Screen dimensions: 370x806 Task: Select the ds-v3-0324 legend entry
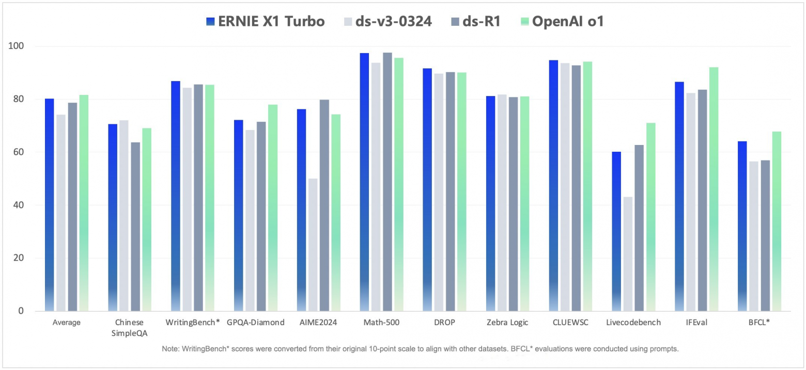pyautogui.click(x=387, y=22)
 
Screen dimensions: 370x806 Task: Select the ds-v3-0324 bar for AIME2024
pyautogui.click(x=313, y=245)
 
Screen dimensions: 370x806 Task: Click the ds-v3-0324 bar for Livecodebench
pyautogui.click(x=628, y=253)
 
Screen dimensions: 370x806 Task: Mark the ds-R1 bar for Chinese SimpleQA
pyautogui.click(x=135, y=227)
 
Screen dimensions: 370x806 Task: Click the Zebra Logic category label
pyautogui.click(x=507, y=323)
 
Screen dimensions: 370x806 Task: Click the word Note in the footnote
pyautogui.click(x=169, y=349)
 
